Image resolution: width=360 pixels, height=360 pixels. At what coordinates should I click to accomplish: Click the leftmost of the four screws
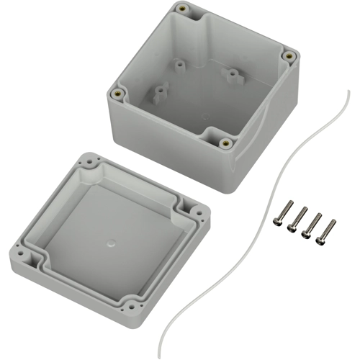(x=280, y=215)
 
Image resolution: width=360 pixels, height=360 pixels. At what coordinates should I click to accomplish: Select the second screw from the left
(x=294, y=220)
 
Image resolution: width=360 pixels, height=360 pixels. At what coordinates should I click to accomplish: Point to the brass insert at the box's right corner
(x=289, y=55)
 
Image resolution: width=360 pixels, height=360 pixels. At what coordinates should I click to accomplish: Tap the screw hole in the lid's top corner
(x=89, y=163)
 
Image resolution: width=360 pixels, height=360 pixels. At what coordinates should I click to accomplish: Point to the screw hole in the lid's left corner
(x=29, y=253)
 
